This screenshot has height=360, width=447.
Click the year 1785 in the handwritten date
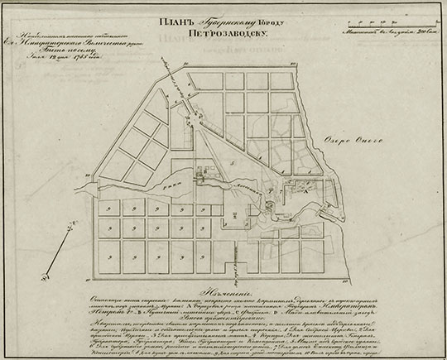pyautogui.click(x=88, y=56)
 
